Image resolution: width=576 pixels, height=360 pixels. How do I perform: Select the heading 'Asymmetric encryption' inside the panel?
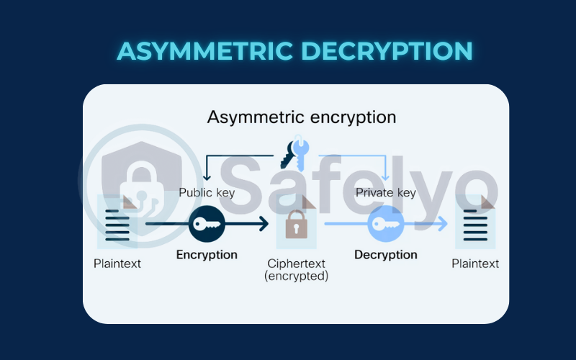302,117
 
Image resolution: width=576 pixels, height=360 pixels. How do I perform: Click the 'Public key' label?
207,192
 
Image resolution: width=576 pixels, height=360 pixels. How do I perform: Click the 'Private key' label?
386,192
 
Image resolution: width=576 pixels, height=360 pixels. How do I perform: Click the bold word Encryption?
207,254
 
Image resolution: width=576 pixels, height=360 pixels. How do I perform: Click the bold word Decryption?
385,254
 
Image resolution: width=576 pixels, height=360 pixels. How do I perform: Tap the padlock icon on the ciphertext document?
296,225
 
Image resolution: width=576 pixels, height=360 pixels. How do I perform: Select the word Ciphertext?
296,263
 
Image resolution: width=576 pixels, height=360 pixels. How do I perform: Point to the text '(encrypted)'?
296,276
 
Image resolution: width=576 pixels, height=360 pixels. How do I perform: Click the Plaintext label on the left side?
117,264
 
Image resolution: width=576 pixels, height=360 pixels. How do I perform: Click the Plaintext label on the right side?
475,264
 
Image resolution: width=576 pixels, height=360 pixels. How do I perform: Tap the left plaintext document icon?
117,223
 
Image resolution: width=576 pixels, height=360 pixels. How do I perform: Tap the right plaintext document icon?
476,223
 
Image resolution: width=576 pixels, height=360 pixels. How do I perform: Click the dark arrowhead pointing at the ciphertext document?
264,225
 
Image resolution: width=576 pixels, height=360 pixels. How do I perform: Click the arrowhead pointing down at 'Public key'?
207,176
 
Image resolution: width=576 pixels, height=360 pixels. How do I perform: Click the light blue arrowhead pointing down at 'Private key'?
386,176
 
